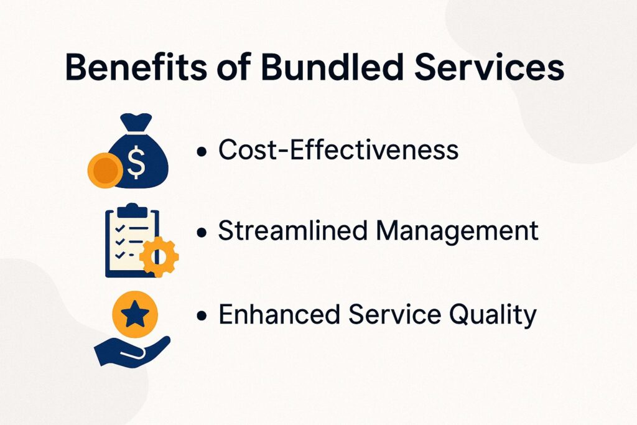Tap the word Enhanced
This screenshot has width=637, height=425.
pyautogui.click(x=279, y=314)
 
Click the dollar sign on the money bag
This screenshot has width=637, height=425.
pyautogui.click(x=136, y=162)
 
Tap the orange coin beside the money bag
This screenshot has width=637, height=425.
pyautogui.click(x=105, y=170)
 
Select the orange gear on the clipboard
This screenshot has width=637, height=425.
pyautogui.click(x=159, y=256)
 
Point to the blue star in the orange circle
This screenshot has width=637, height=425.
pyautogui.click(x=135, y=314)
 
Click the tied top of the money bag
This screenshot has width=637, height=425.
pyautogui.click(x=136, y=123)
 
